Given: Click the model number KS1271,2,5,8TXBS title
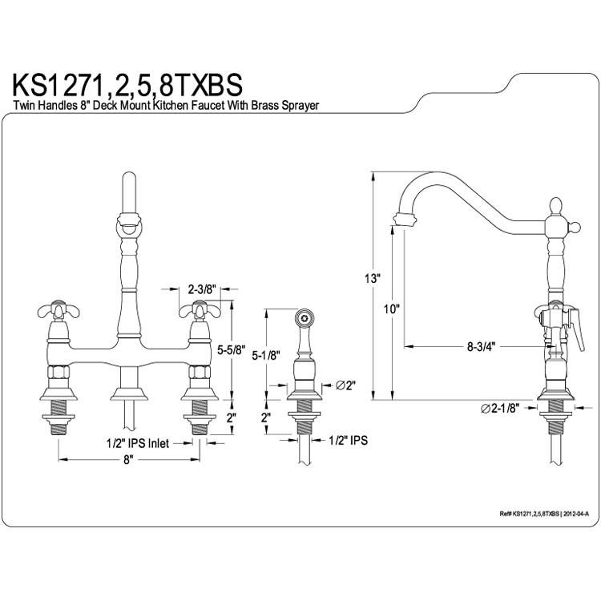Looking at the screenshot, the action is [127, 86].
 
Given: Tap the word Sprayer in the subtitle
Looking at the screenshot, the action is [300, 106].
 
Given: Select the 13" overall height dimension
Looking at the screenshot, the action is [371, 279].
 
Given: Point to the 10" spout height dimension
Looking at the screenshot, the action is [392, 309].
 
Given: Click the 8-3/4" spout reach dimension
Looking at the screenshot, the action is [481, 346].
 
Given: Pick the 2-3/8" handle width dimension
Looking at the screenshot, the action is [202, 289].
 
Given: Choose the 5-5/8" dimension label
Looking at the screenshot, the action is [231, 350].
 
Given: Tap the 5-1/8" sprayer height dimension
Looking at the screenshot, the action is [266, 356].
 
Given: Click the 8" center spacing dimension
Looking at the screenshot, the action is [128, 460].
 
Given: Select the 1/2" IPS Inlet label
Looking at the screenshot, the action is [137, 443].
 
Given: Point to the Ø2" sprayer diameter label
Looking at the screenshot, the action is [346, 385].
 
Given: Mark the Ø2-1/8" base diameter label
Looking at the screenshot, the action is [500, 409].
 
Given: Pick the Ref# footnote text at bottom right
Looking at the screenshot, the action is [544, 514].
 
